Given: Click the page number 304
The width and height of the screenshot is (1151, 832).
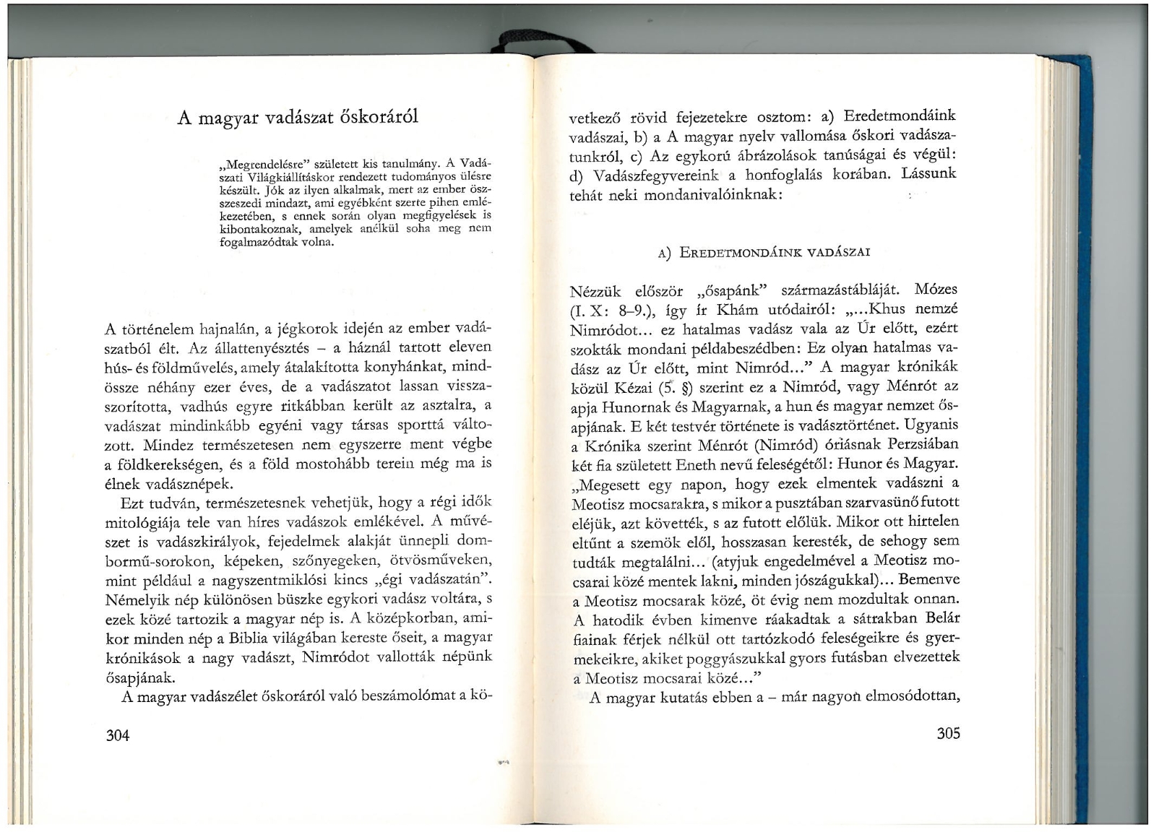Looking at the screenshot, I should [x=117, y=736].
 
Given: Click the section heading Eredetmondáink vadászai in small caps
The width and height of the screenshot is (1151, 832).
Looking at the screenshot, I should [x=777, y=252].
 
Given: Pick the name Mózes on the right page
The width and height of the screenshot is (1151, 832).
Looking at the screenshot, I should [x=936, y=290].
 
